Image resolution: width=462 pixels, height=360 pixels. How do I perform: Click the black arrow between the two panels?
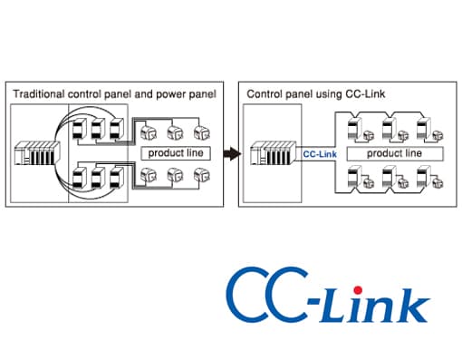pyautogui.click(x=232, y=153)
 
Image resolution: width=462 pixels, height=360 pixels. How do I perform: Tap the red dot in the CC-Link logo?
pyautogui.click(x=358, y=290)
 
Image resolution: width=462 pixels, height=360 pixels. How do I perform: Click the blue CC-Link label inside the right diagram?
pyautogui.click(x=320, y=154)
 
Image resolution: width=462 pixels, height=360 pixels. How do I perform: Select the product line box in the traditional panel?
pyautogui.click(x=176, y=153)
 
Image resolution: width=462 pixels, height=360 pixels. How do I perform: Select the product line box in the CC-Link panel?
pyautogui.click(x=395, y=153)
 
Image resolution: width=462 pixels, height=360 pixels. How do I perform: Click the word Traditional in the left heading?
pyautogui.click(x=39, y=94)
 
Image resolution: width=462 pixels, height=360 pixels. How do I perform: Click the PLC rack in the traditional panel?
pyautogui.click(x=37, y=153)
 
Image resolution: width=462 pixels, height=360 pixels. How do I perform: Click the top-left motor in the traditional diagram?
pyautogui.click(x=149, y=132)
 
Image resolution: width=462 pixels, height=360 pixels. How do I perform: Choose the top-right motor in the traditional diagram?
pyautogui.click(x=202, y=132)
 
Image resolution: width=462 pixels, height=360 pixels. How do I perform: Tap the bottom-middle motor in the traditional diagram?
pyautogui.click(x=175, y=175)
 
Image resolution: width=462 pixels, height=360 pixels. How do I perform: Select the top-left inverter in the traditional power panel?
pyautogui.click(x=80, y=129)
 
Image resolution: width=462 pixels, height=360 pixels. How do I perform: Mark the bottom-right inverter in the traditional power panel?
pyautogui.click(x=116, y=178)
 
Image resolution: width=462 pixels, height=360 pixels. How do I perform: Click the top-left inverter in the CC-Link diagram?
pyautogui.click(x=355, y=128)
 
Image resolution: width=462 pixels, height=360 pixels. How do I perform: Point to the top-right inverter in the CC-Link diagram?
pyautogui.click(x=424, y=128)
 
